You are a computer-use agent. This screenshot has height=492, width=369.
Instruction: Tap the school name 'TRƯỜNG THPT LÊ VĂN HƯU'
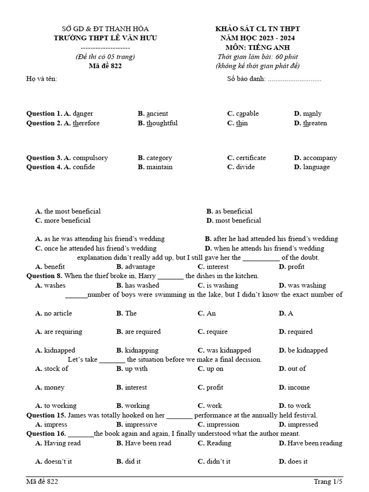106,38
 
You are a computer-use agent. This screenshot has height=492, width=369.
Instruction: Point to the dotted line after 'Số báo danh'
294,79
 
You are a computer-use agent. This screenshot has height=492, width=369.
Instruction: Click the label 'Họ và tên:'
41,79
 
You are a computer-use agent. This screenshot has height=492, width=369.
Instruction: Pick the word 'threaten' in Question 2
315,123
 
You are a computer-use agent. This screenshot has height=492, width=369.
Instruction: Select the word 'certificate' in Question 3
250,158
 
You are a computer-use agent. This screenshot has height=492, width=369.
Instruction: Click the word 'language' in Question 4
316,167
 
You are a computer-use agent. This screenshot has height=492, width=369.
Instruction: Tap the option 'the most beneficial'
72,211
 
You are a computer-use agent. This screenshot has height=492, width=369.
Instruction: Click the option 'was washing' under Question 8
307,285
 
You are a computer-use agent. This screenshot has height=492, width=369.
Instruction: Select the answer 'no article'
58,313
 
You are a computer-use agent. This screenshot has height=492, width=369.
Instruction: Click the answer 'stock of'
56,369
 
